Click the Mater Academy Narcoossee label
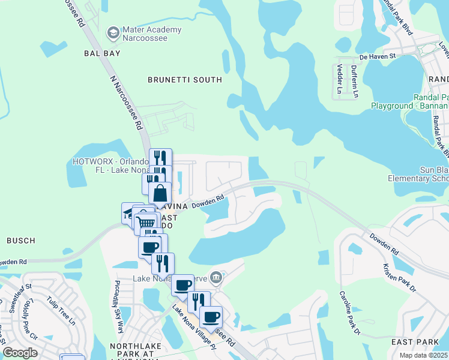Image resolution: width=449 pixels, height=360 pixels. point(151,35)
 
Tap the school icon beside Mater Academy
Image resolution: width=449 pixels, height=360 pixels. point(113,32)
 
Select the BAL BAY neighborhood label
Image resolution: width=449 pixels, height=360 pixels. point(98,53)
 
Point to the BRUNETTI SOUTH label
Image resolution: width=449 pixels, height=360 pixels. point(185,79)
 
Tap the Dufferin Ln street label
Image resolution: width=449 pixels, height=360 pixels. point(355,80)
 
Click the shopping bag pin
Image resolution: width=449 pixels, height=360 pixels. point(161,193)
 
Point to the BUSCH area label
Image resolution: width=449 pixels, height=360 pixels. point(20,241)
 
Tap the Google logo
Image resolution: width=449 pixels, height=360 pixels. point(20,353)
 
